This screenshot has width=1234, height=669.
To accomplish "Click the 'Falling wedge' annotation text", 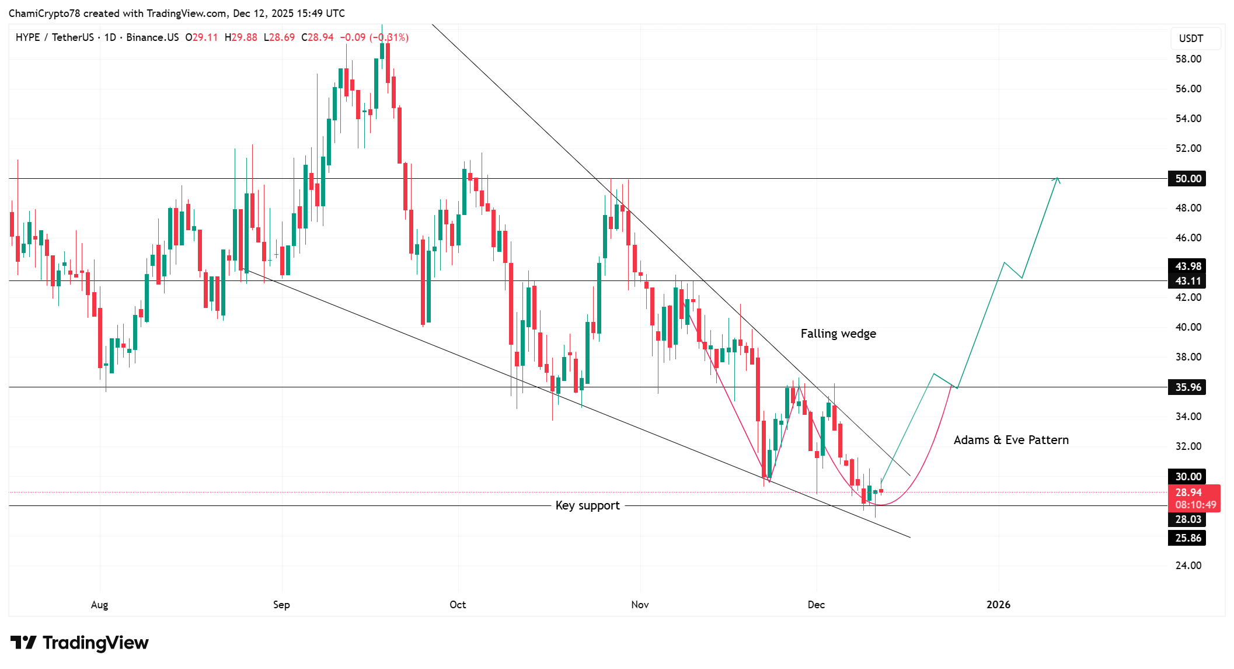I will [838, 334].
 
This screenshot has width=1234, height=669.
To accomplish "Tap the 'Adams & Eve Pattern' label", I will [1011, 440].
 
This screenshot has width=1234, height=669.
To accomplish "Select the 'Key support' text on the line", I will [587, 505].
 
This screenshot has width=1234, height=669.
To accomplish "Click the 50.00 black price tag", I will [1187, 179].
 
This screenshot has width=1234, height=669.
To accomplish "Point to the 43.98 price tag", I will [1187, 266].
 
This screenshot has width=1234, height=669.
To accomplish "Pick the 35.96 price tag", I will [1187, 387].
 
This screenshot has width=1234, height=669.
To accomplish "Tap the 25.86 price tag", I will [1187, 538].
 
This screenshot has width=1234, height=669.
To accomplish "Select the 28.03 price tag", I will [1187, 519].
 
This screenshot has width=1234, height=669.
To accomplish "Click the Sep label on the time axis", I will [281, 605].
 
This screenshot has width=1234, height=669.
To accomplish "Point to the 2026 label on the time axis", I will [998, 605].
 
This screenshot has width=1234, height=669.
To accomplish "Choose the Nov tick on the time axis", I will [640, 605].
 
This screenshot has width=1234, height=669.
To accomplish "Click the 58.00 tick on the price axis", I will [1188, 59].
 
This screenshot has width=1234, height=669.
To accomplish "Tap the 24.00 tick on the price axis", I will [1188, 566].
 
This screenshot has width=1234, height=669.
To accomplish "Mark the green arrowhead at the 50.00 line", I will [1057, 179].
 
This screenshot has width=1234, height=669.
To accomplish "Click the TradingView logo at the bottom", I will [79, 643].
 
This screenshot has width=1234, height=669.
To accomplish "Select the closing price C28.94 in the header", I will [318, 37].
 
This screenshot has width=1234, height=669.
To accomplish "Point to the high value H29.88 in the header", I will [240, 37].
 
